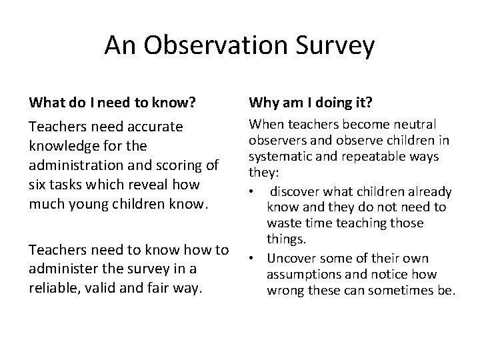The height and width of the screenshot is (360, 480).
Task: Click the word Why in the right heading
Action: click(x=263, y=103)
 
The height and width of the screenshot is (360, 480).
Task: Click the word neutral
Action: click(x=413, y=124)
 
